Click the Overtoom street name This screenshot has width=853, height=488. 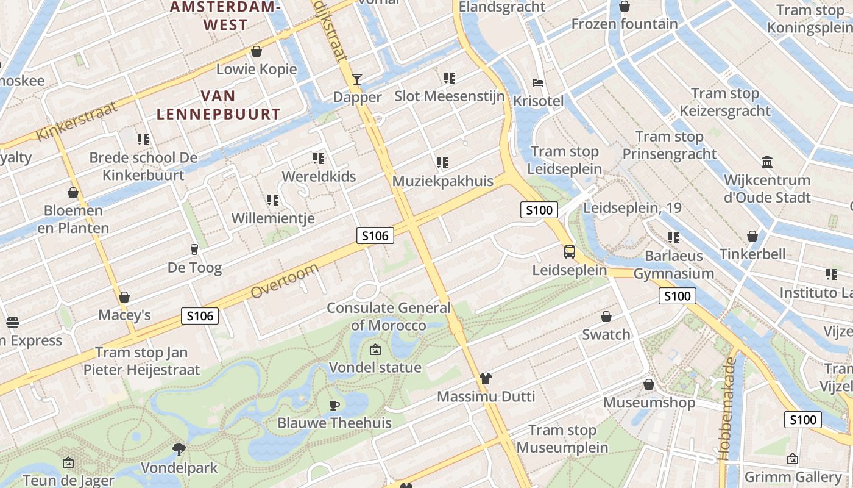point(285,281)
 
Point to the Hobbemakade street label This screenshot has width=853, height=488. point(727,408)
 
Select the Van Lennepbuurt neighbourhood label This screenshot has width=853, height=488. point(218,105)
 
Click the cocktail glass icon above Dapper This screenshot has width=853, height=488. point(357,79)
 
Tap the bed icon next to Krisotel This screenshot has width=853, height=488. point(538,82)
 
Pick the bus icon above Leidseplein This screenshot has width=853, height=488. point(570,251)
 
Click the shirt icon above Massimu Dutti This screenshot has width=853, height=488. point(485,379)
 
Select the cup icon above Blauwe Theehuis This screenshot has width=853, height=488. point(334,404)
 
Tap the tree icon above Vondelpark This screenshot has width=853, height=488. point(179,450)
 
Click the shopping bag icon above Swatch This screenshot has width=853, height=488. point(606,317)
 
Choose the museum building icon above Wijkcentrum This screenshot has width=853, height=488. point(767,162)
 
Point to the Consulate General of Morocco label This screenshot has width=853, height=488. point(389,316)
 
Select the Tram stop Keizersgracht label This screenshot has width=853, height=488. point(725,102)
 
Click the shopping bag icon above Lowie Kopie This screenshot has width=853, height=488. point(257,51)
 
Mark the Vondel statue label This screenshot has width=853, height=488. point(375,367)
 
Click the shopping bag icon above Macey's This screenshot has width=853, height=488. point(124,297)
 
